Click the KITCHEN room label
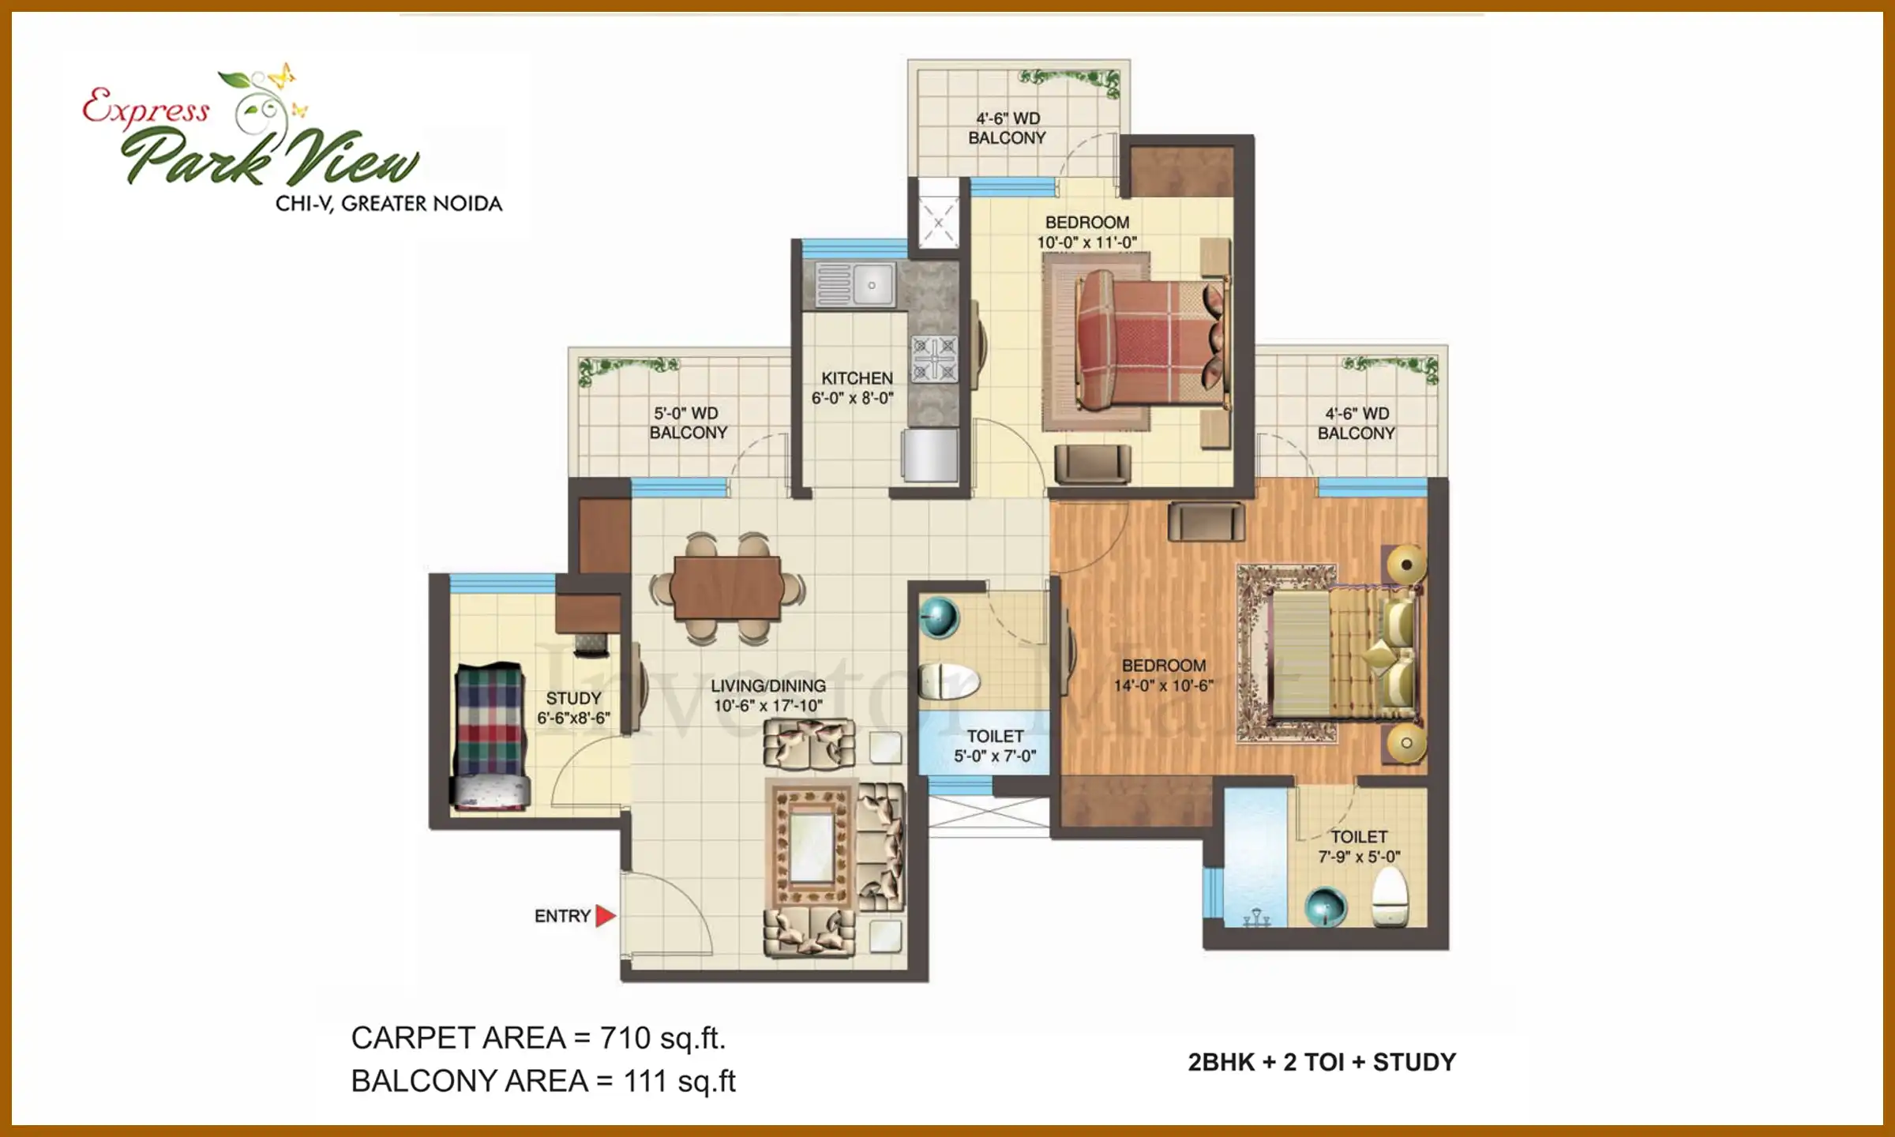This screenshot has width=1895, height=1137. pos(857,378)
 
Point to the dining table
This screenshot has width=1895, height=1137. pos(727,588)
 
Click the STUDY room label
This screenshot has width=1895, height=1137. pos(573,699)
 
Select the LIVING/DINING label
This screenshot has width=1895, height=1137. pos(767,686)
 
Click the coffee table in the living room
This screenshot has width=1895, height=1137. pos(812,847)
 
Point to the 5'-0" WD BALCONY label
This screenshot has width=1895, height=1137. pos(688,423)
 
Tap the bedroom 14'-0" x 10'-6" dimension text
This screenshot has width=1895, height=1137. pos(1164,685)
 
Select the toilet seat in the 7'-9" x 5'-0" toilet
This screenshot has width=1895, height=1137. pos(1390,897)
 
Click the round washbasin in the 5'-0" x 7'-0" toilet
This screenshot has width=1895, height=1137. pos(939,617)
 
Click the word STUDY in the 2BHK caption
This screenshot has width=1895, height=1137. pos(1414,1063)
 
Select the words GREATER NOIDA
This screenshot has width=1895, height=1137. pos(422,204)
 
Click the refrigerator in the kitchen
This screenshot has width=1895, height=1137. pos(930,456)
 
